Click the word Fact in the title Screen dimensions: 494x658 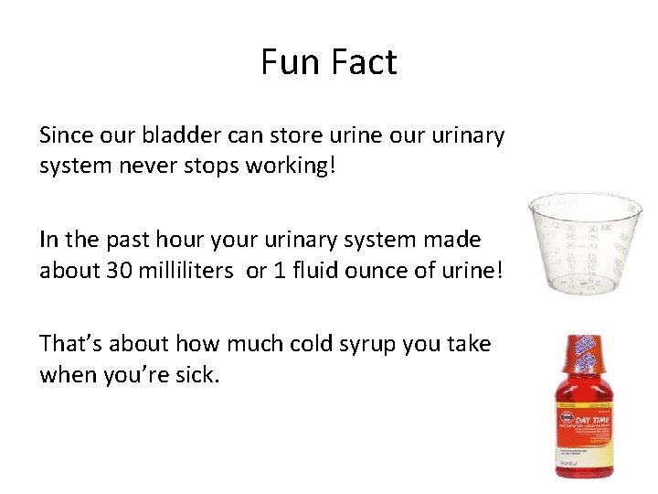coord(364,62)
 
